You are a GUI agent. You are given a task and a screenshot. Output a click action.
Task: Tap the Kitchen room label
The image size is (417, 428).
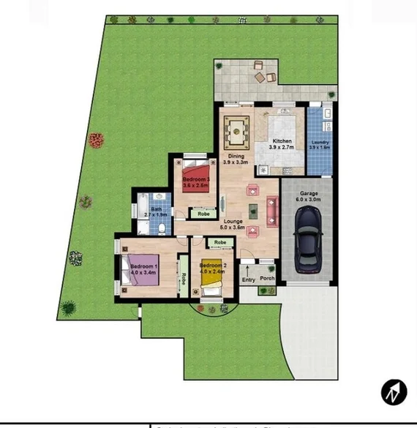(282, 141)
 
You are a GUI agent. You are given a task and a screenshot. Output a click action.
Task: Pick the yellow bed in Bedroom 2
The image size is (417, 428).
(211, 276)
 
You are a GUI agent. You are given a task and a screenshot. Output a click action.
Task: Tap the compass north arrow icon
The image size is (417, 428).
(394, 392)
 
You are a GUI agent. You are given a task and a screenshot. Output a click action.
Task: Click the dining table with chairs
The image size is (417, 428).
(236, 132)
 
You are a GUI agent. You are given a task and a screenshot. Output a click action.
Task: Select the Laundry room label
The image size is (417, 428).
(320, 142)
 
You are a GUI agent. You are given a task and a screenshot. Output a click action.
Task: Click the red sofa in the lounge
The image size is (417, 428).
(272, 211)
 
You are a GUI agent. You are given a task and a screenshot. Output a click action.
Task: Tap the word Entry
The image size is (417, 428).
(249, 279)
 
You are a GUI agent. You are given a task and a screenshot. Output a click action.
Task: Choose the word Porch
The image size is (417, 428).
(267, 279)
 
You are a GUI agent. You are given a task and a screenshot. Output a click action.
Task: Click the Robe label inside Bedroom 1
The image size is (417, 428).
(184, 279)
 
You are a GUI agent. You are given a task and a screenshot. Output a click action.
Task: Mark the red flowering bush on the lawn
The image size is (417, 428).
(95, 139)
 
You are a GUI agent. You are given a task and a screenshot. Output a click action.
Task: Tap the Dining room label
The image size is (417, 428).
(236, 156)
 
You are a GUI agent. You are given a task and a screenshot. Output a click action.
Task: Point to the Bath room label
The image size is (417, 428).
(156, 209)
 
